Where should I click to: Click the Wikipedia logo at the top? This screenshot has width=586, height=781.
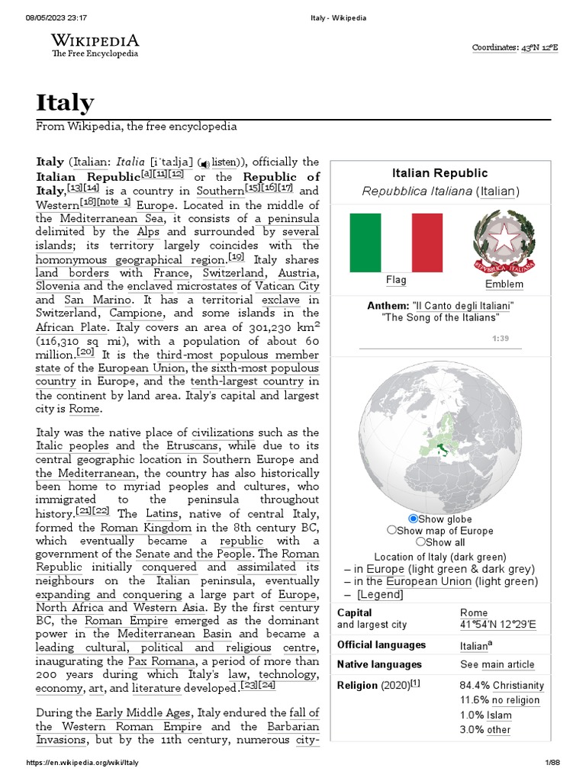point(95,45)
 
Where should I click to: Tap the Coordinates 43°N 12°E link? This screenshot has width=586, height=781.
point(515,47)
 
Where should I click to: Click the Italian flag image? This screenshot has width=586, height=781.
point(396,243)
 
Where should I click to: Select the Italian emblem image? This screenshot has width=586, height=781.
point(504,242)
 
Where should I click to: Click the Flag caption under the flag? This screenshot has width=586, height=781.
point(396,280)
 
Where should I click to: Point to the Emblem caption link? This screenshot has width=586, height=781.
point(504,284)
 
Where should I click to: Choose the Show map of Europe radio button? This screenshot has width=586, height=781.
point(392,530)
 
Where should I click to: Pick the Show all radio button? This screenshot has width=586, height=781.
point(420,542)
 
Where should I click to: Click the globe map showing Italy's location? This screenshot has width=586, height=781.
point(439,435)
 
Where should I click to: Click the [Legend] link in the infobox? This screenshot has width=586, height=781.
point(379,594)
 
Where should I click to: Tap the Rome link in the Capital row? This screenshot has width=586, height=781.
point(474,612)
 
